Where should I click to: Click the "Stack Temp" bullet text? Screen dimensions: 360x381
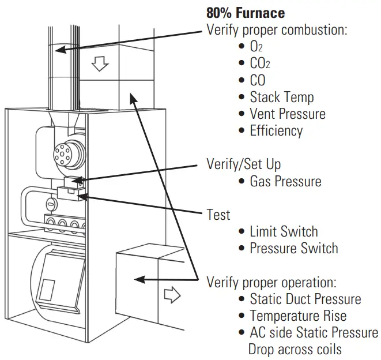(281, 97)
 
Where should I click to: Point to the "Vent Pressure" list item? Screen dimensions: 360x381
(287, 114)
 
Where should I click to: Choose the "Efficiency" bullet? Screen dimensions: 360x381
(276, 130)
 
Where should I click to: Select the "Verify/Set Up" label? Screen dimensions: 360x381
(243, 164)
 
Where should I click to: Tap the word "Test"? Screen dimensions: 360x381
(218, 215)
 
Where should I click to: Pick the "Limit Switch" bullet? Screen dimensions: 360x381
(283, 232)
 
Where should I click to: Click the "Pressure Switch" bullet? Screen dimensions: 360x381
(293, 249)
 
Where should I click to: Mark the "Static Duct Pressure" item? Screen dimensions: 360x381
(305, 299)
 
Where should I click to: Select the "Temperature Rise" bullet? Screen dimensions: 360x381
(297, 316)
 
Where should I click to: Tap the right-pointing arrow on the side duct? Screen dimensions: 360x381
(172, 295)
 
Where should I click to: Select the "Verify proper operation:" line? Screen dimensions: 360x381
(271, 283)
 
